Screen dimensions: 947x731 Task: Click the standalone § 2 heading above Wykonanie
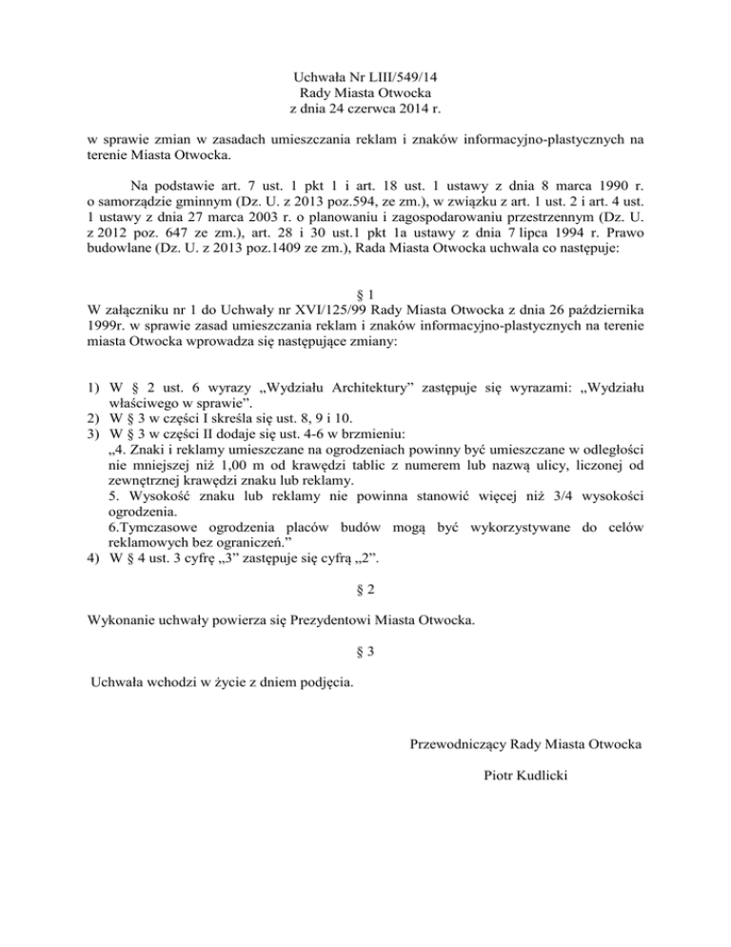click(x=365, y=592)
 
